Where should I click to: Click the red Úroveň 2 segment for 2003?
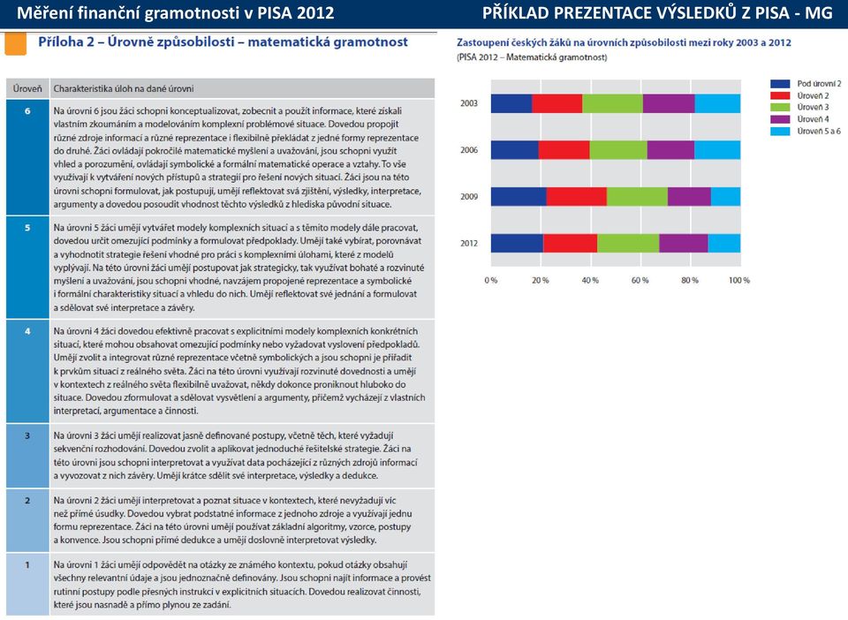[x=557, y=103]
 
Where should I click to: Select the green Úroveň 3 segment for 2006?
[x=618, y=150]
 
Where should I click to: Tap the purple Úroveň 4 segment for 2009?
[x=689, y=196]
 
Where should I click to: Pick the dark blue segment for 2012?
[x=517, y=243]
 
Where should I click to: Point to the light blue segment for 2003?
[x=717, y=103]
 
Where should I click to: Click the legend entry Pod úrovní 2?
[x=806, y=84]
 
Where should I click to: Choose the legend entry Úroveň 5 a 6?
[x=806, y=132]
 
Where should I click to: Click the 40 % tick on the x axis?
[x=590, y=281]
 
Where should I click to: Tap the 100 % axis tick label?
[x=739, y=281]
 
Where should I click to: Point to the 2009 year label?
[x=469, y=197]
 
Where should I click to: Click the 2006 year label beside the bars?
[x=469, y=150]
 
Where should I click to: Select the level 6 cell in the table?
[x=27, y=156]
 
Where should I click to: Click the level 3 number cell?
[x=27, y=456]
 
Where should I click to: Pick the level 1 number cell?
[x=27, y=584]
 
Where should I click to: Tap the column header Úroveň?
[x=27, y=88]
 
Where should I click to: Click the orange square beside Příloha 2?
[x=15, y=44]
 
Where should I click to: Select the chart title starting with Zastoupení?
[x=624, y=42]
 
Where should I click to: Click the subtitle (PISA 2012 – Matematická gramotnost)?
[x=532, y=57]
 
